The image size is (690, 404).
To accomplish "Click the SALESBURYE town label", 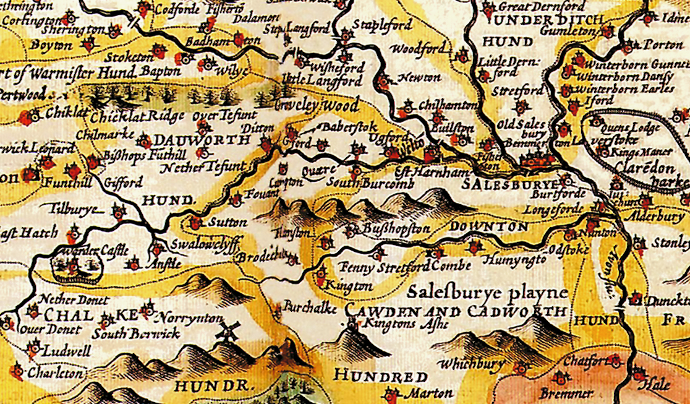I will tap(511, 185).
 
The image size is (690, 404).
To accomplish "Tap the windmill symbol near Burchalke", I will tap(227, 332).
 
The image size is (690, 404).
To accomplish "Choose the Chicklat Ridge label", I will tap(137, 116).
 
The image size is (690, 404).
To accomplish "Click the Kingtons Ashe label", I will tap(402, 323).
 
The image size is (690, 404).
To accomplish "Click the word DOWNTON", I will tap(489, 227).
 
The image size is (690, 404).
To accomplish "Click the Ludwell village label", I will tap(67, 351).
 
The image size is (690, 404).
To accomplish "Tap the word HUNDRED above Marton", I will tap(380, 377).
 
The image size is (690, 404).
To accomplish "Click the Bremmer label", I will tap(566, 393).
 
